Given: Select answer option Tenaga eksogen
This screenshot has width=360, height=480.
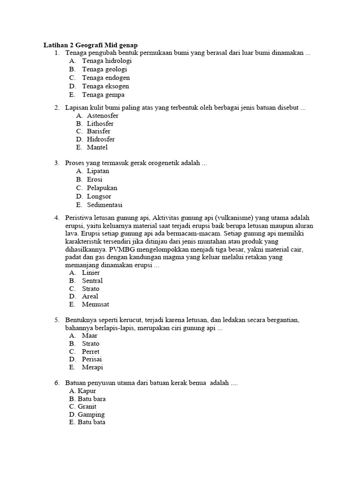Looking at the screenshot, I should click(105, 86).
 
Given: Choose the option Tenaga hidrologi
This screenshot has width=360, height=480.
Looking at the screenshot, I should click(106, 61).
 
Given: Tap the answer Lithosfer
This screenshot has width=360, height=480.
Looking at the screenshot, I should click(100, 124).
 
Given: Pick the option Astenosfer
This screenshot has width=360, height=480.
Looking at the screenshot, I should click(102, 116).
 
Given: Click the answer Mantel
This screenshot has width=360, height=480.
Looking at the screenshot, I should click(97, 147).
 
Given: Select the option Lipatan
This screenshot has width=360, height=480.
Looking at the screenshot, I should click(97, 171).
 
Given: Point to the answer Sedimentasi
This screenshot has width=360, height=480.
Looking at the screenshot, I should click(104, 205).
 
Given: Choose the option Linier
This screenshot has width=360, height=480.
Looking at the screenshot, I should click(90, 272).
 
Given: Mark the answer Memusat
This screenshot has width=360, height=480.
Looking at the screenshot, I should click(96, 304).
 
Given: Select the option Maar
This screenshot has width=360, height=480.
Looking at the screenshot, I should click(90, 336).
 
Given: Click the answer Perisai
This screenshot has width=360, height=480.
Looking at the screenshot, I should click(92, 360).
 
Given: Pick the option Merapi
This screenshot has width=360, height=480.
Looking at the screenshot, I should click(92, 367).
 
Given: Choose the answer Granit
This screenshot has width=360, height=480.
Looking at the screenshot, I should click(87, 407).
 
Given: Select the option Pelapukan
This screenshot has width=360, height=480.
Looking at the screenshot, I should click(102, 188).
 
